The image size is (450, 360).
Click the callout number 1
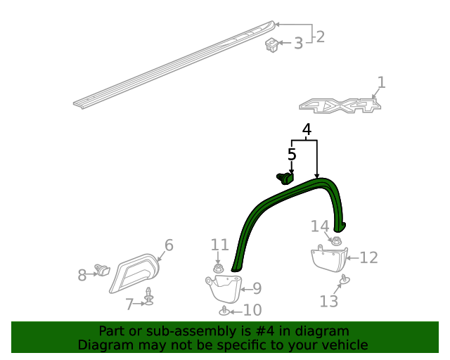point(381,83)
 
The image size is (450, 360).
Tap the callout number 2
point(320,37)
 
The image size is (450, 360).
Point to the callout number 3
point(298,44)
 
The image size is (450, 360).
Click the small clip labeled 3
point(272,46)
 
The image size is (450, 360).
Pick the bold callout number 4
point(306,130)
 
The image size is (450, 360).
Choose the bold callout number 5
point(292,154)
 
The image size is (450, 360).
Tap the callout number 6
point(169,245)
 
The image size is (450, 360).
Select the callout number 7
point(129,304)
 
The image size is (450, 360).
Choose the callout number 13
point(329,302)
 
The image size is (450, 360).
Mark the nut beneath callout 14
point(336,241)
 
